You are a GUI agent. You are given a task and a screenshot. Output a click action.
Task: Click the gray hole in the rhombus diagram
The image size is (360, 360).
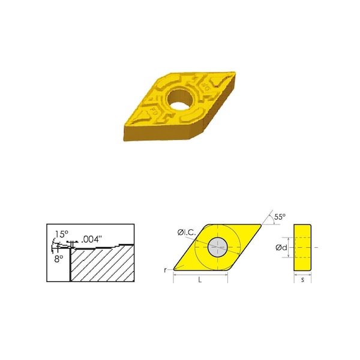(x=217, y=247)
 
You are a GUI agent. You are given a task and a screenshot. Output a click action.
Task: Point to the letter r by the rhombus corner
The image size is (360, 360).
(x=165, y=270)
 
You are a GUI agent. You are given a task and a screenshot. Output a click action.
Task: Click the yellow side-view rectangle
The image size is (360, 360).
(x=302, y=247)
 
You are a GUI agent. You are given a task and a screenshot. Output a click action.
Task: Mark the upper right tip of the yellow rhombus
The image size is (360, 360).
(x=262, y=225)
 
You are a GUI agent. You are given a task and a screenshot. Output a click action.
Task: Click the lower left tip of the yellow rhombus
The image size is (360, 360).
(x=174, y=269)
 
